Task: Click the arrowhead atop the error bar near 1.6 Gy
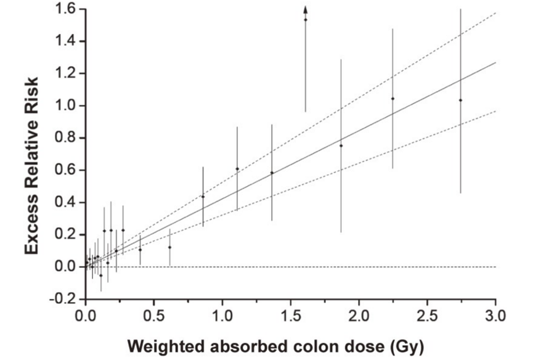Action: [305, 9]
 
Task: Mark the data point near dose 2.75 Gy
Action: [460, 100]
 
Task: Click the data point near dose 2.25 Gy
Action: [393, 99]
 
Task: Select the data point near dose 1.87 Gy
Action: [341, 145]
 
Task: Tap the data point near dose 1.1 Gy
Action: [237, 169]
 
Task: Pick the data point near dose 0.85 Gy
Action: [203, 197]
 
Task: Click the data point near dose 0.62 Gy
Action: [169, 247]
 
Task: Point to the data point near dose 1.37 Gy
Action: [272, 173]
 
